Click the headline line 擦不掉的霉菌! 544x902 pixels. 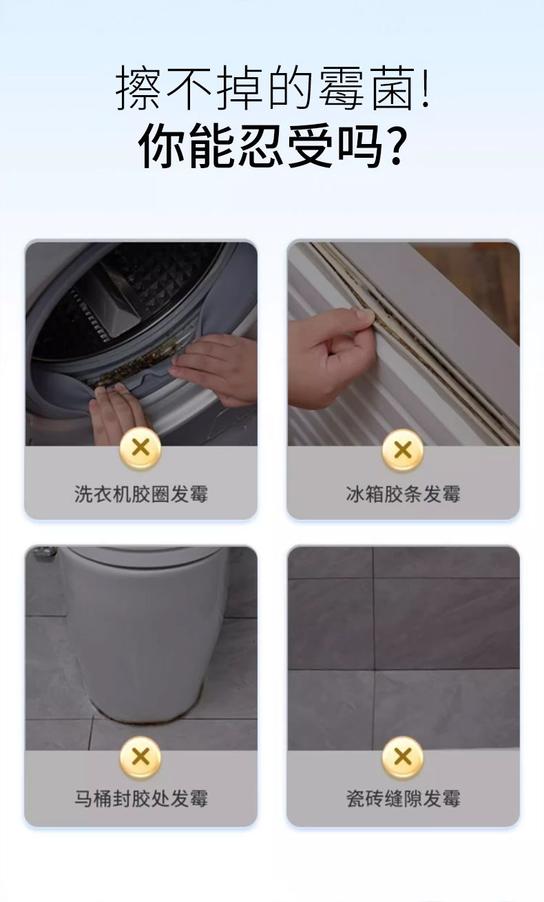[x=273, y=89]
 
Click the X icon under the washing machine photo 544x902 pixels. [x=140, y=449]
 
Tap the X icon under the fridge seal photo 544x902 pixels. [x=403, y=449]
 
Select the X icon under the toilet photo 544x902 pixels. [x=140, y=757]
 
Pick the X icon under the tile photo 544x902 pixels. [x=403, y=757]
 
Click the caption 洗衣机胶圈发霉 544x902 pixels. [x=141, y=494]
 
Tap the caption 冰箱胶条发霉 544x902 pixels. [x=403, y=494]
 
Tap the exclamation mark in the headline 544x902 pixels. [x=424, y=89]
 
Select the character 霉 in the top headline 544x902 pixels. [x=342, y=89]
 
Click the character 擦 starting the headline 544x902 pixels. [x=138, y=89]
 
